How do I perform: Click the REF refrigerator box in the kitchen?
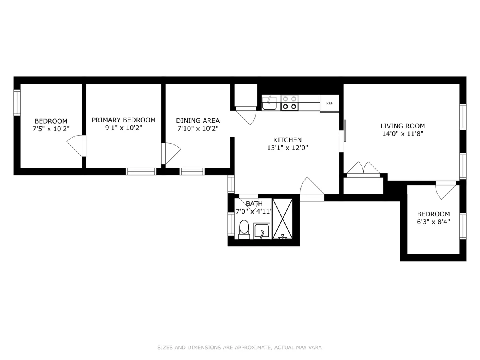[x=330, y=103]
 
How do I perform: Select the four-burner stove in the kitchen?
[x=289, y=103]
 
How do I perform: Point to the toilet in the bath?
[x=244, y=229]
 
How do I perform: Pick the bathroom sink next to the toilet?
[x=262, y=231]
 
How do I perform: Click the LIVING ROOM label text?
[x=402, y=126]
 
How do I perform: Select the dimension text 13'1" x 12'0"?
[x=287, y=148]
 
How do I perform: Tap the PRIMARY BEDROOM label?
[x=124, y=120]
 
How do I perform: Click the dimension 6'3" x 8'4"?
[x=433, y=222]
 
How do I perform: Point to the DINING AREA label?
[x=198, y=120]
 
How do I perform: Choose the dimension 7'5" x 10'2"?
[x=51, y=129]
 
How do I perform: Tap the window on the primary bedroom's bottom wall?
[x=141, y=172]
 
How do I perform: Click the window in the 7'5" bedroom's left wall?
[x=17, y=103]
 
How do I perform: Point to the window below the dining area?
[x=192, y=172]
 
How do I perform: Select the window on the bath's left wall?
[x=231, y=224]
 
